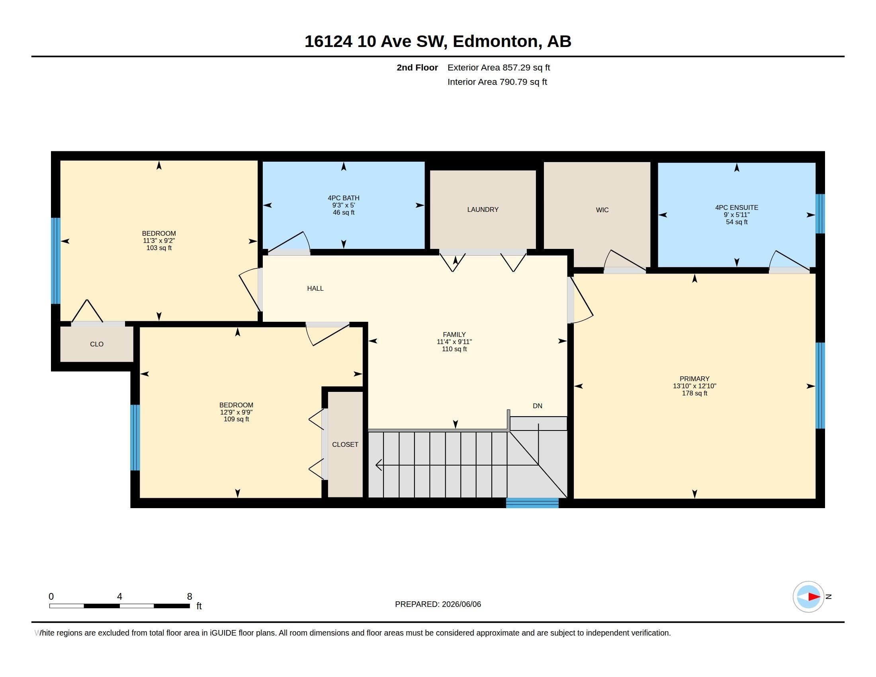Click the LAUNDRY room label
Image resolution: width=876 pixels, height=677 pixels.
pyautogui.click(x=483, y=209)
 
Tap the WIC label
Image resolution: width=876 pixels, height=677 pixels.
pyautogui.click(x=602, y=210)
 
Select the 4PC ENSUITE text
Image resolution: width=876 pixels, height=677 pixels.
pyautogui.click(x=736, y=207)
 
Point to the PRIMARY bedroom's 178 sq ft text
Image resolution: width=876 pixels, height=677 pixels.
pyautogui.click(x=694, y=393)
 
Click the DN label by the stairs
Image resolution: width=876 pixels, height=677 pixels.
pyautogui.click(x=538, y=406)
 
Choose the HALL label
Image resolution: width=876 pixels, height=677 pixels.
pyautogui.click(x=315, y=288)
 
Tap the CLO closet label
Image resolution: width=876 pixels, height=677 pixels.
pyautogui.click(x=97, y=344)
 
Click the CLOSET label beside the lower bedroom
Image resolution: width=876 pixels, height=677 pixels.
pyautogui.click(x=345, y=444)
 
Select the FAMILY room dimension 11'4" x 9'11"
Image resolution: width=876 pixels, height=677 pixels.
pyautogui.click(x=454, y=342)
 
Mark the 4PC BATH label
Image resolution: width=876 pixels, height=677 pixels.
pyautogui.click(x=343, y=198)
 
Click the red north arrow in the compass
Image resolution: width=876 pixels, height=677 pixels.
pyautogui.click(x=814, y=597)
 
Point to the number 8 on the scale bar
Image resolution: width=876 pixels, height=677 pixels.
pyautogui.click(x=189, y=597)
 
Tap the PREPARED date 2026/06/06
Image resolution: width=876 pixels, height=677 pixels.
pyautogui.click(x=461, y=604)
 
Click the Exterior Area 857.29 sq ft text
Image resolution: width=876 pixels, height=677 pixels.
pyautogui.click(x=499, y=67)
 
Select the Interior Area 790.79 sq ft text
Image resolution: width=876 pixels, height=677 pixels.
pyautogui.click(x=497, y=82)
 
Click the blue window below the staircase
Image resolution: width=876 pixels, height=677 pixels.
pyautogui.click(x=532, y=503)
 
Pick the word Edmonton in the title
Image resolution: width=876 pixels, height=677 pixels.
pyautogui.click(x=495, y=41)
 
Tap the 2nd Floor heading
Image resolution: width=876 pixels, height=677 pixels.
pyautogui.click(x=417, y=67)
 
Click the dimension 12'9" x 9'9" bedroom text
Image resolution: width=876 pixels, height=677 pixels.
pyautogui.click(x=236, y=412)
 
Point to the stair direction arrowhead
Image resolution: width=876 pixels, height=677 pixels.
pyautogui.click(x=378, y=465)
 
